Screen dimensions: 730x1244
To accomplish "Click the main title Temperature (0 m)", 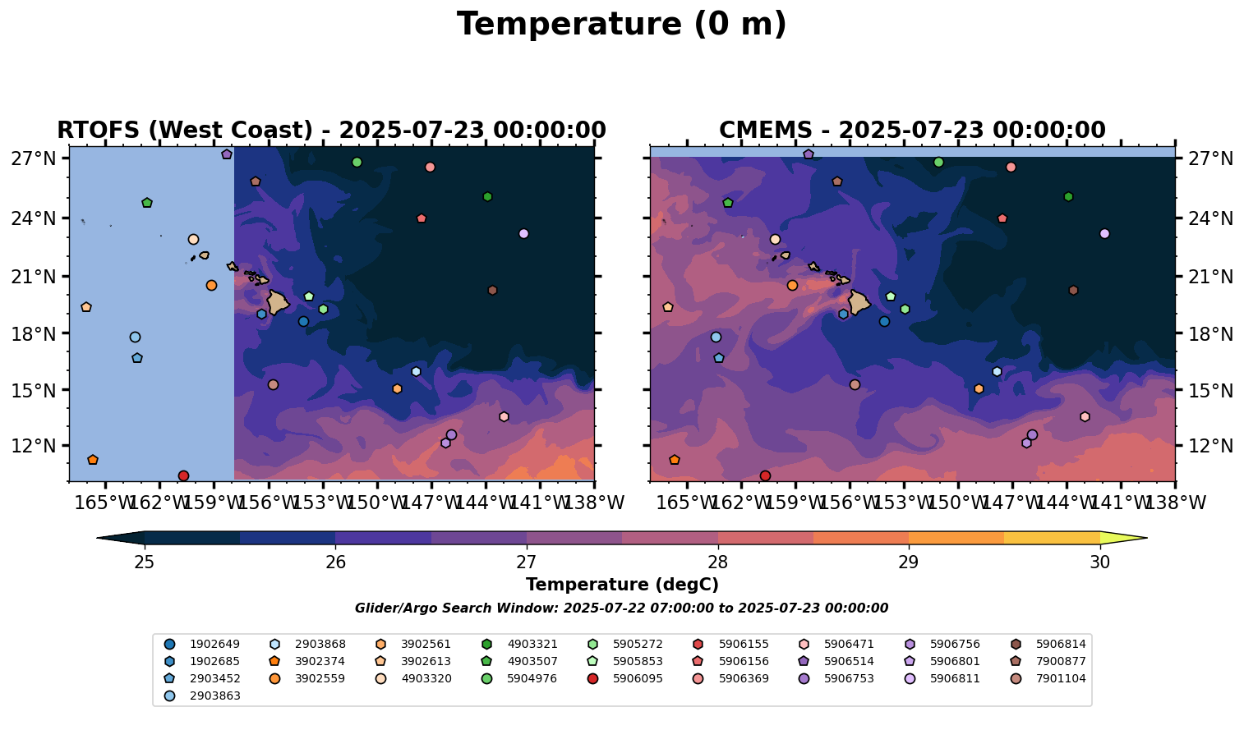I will click(621, 25).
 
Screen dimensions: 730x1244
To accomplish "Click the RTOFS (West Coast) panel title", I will click(331, 131).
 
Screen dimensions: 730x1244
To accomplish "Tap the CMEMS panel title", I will click(912, 131).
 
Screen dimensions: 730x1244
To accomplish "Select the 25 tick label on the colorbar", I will click(145, 562).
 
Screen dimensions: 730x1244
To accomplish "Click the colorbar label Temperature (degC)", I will click(622, 585).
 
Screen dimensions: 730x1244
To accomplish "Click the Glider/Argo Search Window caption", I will click(621, 608).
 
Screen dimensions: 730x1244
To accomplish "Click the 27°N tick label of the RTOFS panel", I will click(33, 158).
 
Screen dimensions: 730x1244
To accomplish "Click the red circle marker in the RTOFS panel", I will click(183, 476).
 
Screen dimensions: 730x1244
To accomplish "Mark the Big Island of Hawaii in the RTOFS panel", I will click(277, 302).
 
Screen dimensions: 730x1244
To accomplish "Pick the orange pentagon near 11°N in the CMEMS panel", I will click(675, 460).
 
